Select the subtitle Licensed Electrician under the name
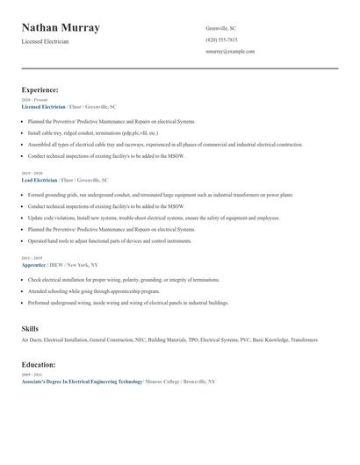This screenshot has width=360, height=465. click(45, 41)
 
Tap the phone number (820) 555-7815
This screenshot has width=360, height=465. click(221, 39)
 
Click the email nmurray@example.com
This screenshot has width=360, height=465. click(230, 52)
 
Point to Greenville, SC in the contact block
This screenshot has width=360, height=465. click(220, 28)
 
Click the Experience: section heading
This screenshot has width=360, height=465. click(40, 89)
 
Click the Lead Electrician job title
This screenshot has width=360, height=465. click(40, 179)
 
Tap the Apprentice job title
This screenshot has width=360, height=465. click(34, 264)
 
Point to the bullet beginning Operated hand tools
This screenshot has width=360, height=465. click(109, 240)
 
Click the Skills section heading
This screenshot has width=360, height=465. click(30, 328)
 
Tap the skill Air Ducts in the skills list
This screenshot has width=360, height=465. click(32, 340)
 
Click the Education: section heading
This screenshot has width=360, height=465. click(38, 364)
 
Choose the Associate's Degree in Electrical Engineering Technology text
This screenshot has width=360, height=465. click(82, 382)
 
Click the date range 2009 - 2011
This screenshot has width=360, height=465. click(31, 375)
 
